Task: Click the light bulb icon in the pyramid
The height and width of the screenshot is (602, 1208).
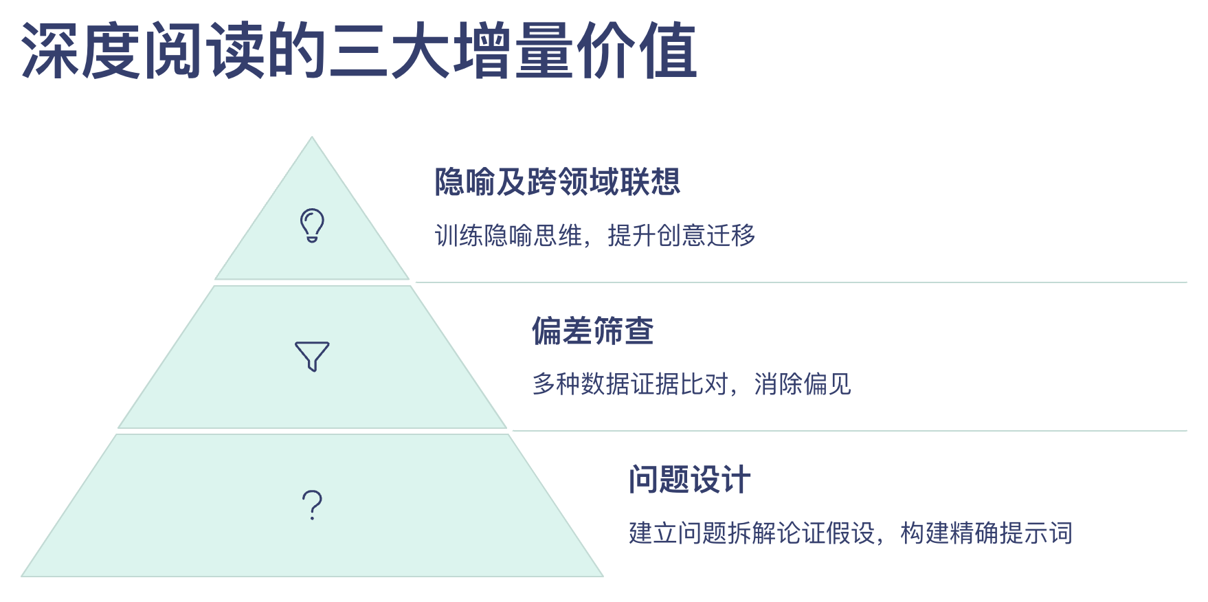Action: point(312,225)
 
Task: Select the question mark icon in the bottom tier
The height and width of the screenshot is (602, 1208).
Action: point(312,505)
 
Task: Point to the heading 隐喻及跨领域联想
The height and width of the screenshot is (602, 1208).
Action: point(557,182)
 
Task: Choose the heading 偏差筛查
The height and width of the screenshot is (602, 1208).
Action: point(592,331)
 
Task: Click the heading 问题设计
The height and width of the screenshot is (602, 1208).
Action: point(689,479)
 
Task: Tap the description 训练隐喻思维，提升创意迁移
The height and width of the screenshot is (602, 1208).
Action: point(595,236)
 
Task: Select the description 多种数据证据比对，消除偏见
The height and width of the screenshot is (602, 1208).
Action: point(692,384)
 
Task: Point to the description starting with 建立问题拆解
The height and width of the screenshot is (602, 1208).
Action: point(851,533)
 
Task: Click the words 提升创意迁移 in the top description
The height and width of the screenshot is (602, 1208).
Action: point(682,236)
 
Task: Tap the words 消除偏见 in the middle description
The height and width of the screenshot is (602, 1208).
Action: point(803,384)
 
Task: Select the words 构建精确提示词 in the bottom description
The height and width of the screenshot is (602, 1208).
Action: point(987,533)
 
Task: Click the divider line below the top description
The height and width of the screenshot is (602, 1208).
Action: point(801,282)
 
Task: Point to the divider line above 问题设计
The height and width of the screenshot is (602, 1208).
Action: point(850,431)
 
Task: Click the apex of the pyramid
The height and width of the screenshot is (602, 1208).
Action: point(312,137)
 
